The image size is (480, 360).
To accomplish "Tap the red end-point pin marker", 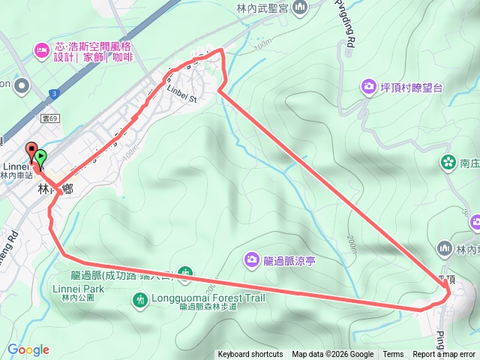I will point(31,150).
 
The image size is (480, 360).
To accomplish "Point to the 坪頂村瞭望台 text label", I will point(412,88).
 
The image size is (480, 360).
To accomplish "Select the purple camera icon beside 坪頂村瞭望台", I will point(368,87).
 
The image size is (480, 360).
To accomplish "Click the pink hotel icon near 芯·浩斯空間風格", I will point(41,51).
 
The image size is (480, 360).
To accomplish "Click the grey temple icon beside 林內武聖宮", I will point(300,7).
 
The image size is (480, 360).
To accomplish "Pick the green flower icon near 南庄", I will point(448,161).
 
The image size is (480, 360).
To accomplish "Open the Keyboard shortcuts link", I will point(250,355).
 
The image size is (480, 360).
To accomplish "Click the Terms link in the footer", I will point(393,355).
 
